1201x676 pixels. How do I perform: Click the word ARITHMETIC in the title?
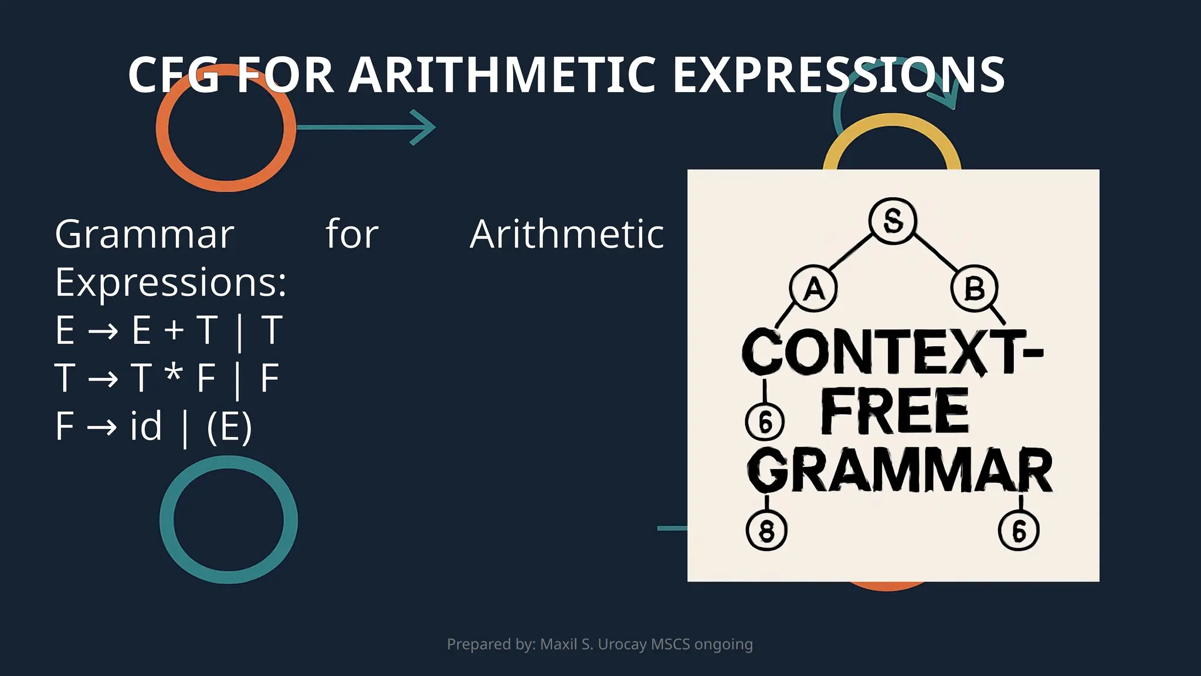click(502, 75)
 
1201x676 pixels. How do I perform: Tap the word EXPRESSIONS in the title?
click(839, 75)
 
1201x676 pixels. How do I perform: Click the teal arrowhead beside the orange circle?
click(423, 127)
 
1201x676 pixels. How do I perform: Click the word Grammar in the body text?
click(144, 235)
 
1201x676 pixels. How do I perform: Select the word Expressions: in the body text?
click(171, 283)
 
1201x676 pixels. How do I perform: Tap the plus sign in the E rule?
click(174, 330)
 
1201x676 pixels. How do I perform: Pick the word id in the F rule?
click(145, 426)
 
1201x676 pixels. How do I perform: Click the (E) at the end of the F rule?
click(229, 427)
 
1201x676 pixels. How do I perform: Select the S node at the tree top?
click(893, 221)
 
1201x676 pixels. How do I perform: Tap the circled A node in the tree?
click(813, 289)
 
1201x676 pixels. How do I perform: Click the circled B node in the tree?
click(974, 289)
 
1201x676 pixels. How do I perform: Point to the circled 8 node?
click(766, 530)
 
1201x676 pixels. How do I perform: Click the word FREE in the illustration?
click(894, 411)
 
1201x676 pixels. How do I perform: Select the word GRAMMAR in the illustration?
click(900, 471)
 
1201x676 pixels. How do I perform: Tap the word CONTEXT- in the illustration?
click(891, 352)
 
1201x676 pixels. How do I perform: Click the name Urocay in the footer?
click(622, 644)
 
